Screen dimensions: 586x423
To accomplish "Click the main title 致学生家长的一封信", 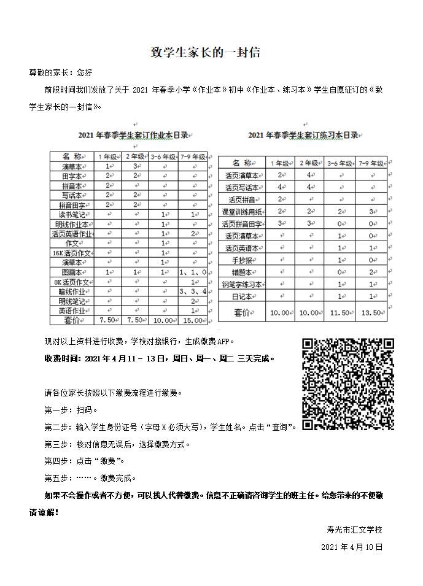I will (206, 53).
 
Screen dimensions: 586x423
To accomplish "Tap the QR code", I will (347, 384).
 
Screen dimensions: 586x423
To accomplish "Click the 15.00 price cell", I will (193, 320).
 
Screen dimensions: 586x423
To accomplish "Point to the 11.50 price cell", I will (341, 312).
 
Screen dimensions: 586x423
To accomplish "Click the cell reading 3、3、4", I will (193, 291).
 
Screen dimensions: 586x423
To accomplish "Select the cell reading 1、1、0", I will (193, 272).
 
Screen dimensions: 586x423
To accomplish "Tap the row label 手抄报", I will (240, 260).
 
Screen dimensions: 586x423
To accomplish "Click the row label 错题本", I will (240, 272).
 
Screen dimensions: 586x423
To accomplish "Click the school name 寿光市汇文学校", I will (354, 529).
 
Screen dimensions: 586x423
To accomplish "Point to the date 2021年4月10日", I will (352, 546).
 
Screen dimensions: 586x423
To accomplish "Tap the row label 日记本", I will (240, 296).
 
